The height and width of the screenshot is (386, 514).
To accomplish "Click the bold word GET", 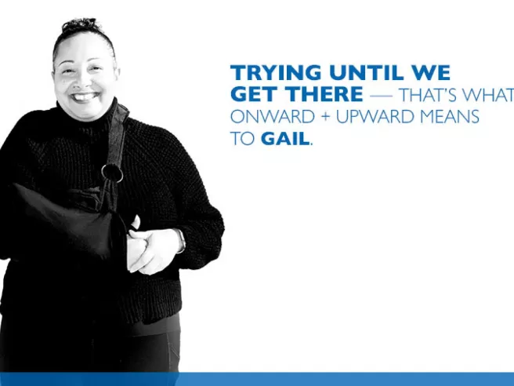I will [x=251, y=95].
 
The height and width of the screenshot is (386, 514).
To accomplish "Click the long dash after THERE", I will [x=382, y=96].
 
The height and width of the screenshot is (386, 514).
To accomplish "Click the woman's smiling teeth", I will [x=85, y=97].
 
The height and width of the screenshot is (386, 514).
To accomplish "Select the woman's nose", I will [x=84, y=81].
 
